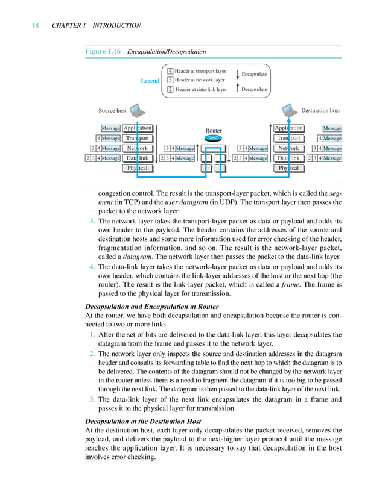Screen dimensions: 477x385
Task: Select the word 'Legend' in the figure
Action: tap(150, 81)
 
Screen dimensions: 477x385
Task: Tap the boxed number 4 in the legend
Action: tap(171, 72)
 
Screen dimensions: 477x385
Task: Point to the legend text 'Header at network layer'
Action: tap(200, 80)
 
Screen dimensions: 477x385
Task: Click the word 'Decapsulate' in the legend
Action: tap(254, 89)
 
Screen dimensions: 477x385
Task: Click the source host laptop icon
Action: tap(138, 111)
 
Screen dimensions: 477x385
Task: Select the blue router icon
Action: tap(214, 139)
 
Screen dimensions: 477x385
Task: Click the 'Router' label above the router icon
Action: tap(214, 130)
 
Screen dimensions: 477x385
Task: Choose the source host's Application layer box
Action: tap(138, 128)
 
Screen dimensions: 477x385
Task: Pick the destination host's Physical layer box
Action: tap(289, 168)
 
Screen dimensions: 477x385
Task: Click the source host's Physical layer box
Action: tap(138, 168)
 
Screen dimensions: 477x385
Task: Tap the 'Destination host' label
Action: tap(320, 111)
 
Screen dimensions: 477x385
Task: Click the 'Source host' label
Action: tap(112, 111)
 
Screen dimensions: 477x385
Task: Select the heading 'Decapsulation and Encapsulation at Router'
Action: tap(159, 306)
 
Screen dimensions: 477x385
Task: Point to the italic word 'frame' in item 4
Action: tap(308, 285)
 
